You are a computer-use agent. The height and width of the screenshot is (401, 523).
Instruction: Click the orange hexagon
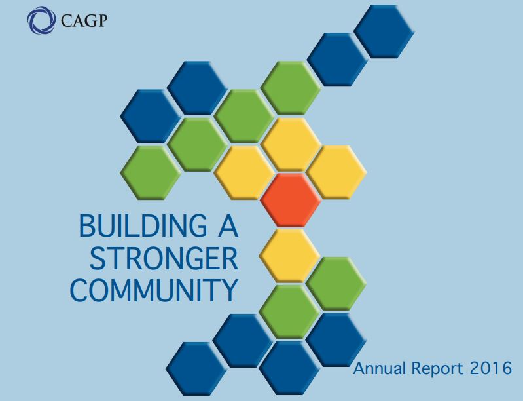[291, 199]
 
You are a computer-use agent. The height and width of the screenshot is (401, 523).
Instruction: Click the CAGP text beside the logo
[83, 21]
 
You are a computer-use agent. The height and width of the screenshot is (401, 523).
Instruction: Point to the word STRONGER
[163, 259]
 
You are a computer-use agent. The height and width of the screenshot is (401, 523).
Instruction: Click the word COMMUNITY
[154, 290]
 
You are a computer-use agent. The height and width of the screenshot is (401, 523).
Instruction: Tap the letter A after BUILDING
[225, 227]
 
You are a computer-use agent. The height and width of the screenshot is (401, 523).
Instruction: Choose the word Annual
[379, 368]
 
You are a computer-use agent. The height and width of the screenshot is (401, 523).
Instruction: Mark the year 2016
[491, 368]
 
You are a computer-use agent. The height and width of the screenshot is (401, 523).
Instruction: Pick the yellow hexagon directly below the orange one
[289, 256]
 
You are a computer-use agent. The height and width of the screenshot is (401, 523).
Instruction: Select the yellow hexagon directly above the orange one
[291, 143]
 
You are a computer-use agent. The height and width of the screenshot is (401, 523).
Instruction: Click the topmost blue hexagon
[384, 31]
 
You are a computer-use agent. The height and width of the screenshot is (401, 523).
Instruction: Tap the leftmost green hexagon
[150, 172]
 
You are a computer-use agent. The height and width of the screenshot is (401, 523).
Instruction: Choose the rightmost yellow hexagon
[336, 172]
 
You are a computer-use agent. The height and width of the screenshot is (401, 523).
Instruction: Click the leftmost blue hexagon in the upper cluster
[150, 115]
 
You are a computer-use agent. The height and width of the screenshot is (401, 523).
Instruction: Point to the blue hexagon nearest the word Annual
[336, 339]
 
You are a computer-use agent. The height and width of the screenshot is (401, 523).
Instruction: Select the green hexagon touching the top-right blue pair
[291, 88]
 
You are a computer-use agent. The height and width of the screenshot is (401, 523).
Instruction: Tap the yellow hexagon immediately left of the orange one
[244, 172]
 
